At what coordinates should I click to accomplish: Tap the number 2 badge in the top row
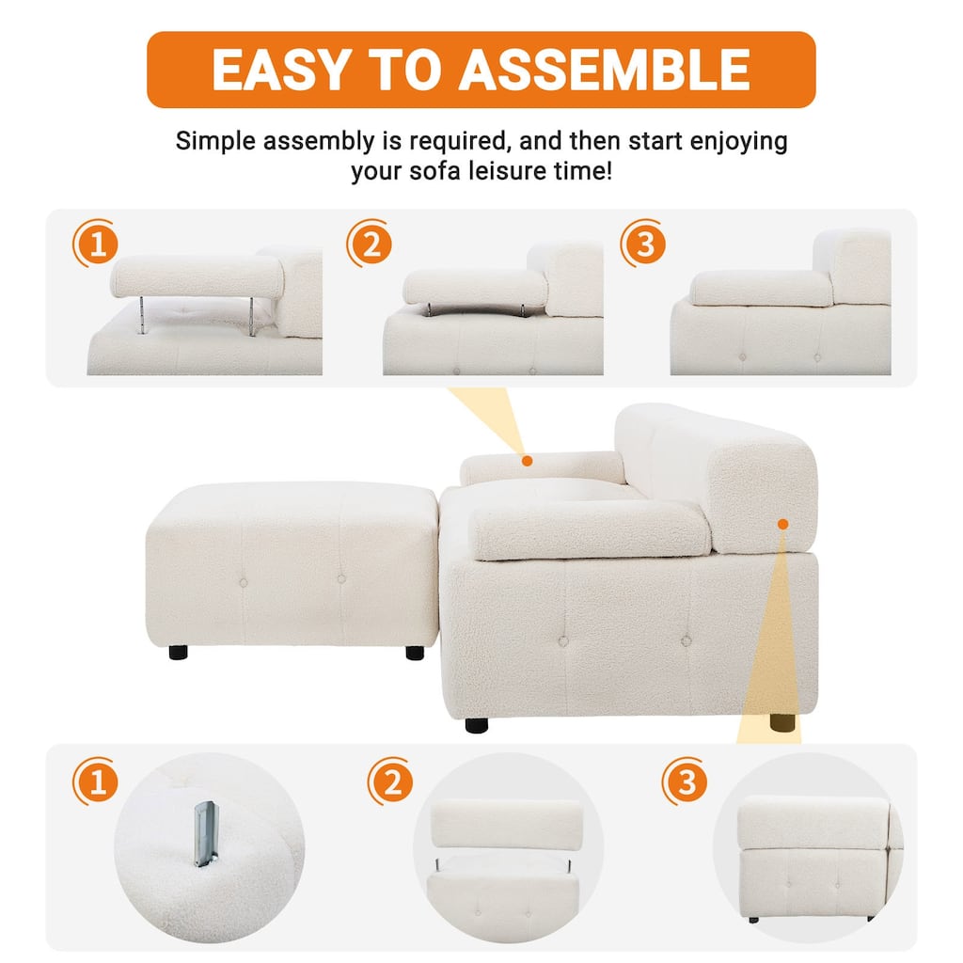pos(370,245)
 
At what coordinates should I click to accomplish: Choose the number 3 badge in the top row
pos(643,245)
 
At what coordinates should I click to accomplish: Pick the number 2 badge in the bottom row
pos(391,781)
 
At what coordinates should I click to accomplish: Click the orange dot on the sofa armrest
pos(528,461)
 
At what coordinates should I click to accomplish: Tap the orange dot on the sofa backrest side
pos(782,524)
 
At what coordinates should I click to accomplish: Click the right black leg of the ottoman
pos(414,651)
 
